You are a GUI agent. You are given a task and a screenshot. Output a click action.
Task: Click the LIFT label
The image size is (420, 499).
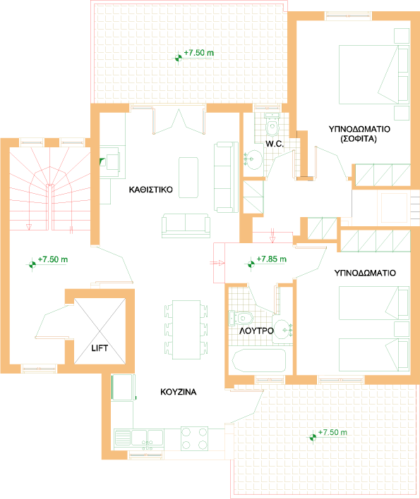coord(100,348)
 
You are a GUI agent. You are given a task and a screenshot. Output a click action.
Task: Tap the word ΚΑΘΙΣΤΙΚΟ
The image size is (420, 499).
coord(151,190)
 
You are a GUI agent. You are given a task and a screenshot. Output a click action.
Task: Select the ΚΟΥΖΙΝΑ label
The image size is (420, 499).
coord(178,392)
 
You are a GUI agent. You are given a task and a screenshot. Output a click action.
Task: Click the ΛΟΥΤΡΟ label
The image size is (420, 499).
coord(256,331)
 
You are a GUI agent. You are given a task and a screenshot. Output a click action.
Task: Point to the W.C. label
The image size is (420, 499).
coord(275,144)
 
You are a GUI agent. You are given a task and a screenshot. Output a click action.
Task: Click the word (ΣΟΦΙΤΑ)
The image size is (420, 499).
coord(359,139)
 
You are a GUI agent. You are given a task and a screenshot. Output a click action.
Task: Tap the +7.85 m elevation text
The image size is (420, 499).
coord(272,259)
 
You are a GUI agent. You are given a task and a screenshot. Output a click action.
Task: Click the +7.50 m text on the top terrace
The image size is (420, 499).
coord(199,53)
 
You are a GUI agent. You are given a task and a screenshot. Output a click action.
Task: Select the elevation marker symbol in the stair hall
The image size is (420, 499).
coord(32,264)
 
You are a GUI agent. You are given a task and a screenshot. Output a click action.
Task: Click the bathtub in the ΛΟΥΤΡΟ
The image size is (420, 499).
coord(259,361)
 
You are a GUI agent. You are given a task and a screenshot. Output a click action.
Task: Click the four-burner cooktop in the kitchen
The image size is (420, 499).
coord(194,438)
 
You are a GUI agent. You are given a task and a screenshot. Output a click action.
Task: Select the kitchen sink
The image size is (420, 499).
coord(139,438)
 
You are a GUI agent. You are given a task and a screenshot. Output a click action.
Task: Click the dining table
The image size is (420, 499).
coord(186,330)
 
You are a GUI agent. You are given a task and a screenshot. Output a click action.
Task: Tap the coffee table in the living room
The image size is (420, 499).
coord(188,178)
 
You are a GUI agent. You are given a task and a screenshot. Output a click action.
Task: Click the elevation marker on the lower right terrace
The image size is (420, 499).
coord(313,438)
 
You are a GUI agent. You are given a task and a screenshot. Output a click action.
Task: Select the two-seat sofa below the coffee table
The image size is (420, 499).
coord(186,226)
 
